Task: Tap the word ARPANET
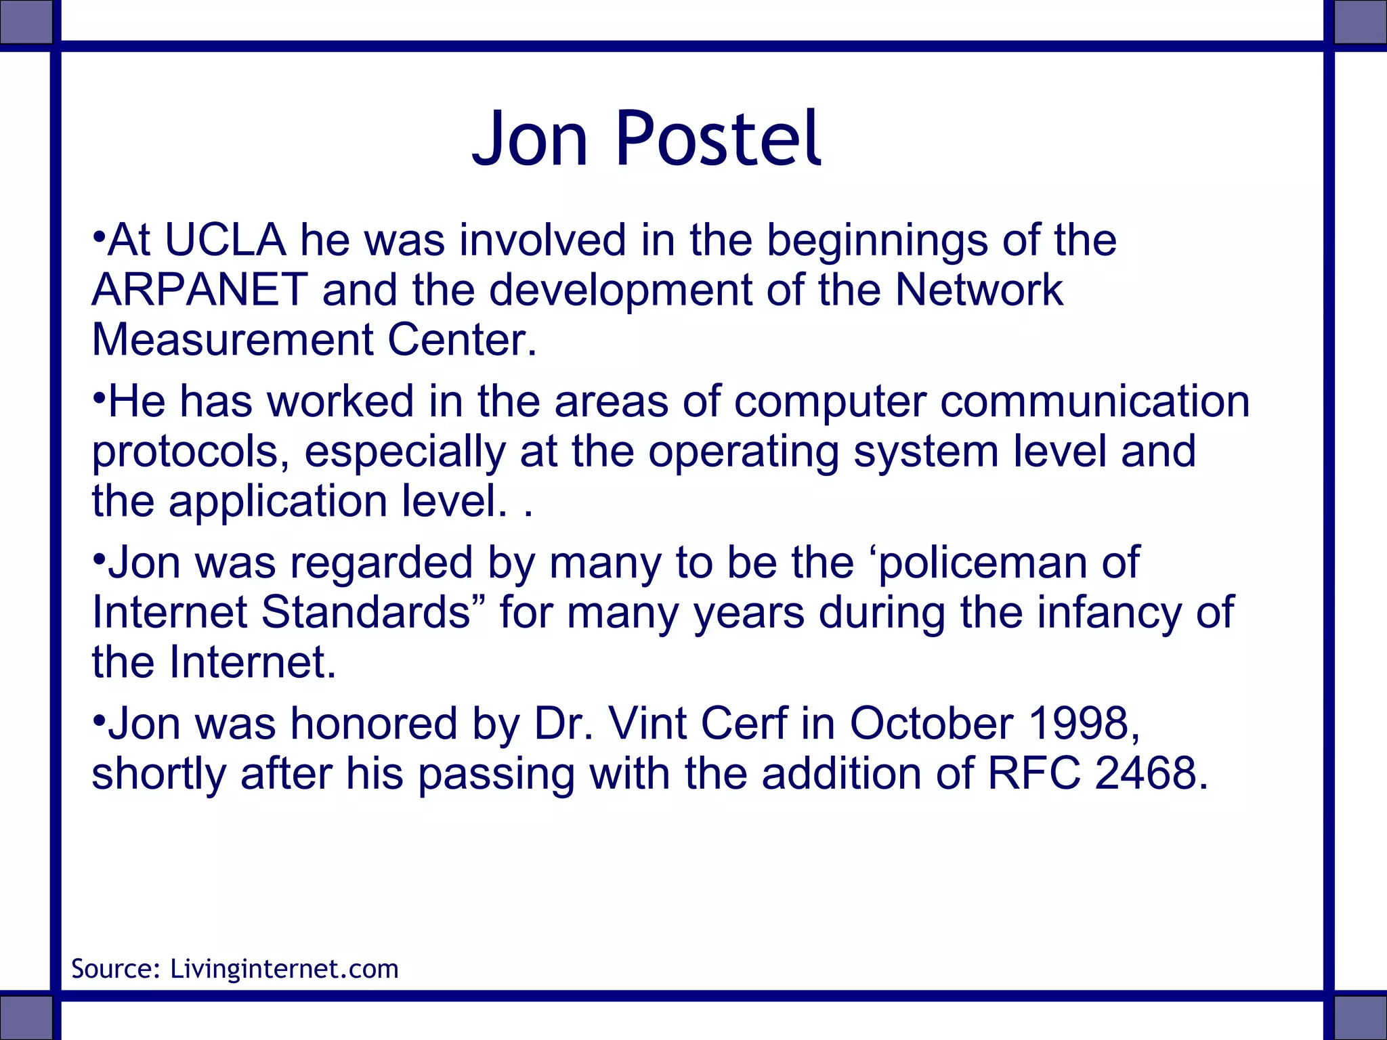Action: click(200, 290)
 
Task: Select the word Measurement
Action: click(232, 339)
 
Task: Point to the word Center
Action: click(462, 339)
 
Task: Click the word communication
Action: click(1094, 401)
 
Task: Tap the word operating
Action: click(744, 452)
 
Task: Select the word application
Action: click(278, 502)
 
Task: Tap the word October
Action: click(931, 723)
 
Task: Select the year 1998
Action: click(1083, 723)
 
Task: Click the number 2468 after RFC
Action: click(1151, 773)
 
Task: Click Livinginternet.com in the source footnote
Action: click(284, 969)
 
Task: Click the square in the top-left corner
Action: click(26, 22)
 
